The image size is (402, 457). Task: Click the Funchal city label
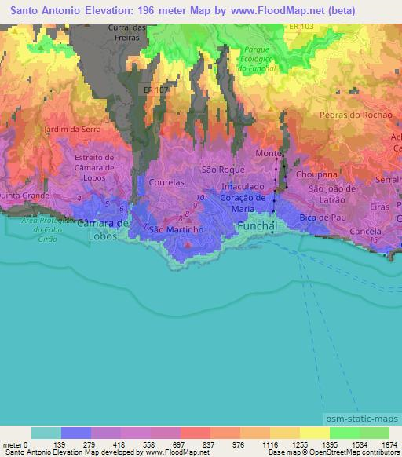(257, 226)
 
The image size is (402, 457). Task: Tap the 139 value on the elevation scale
(60, 444)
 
